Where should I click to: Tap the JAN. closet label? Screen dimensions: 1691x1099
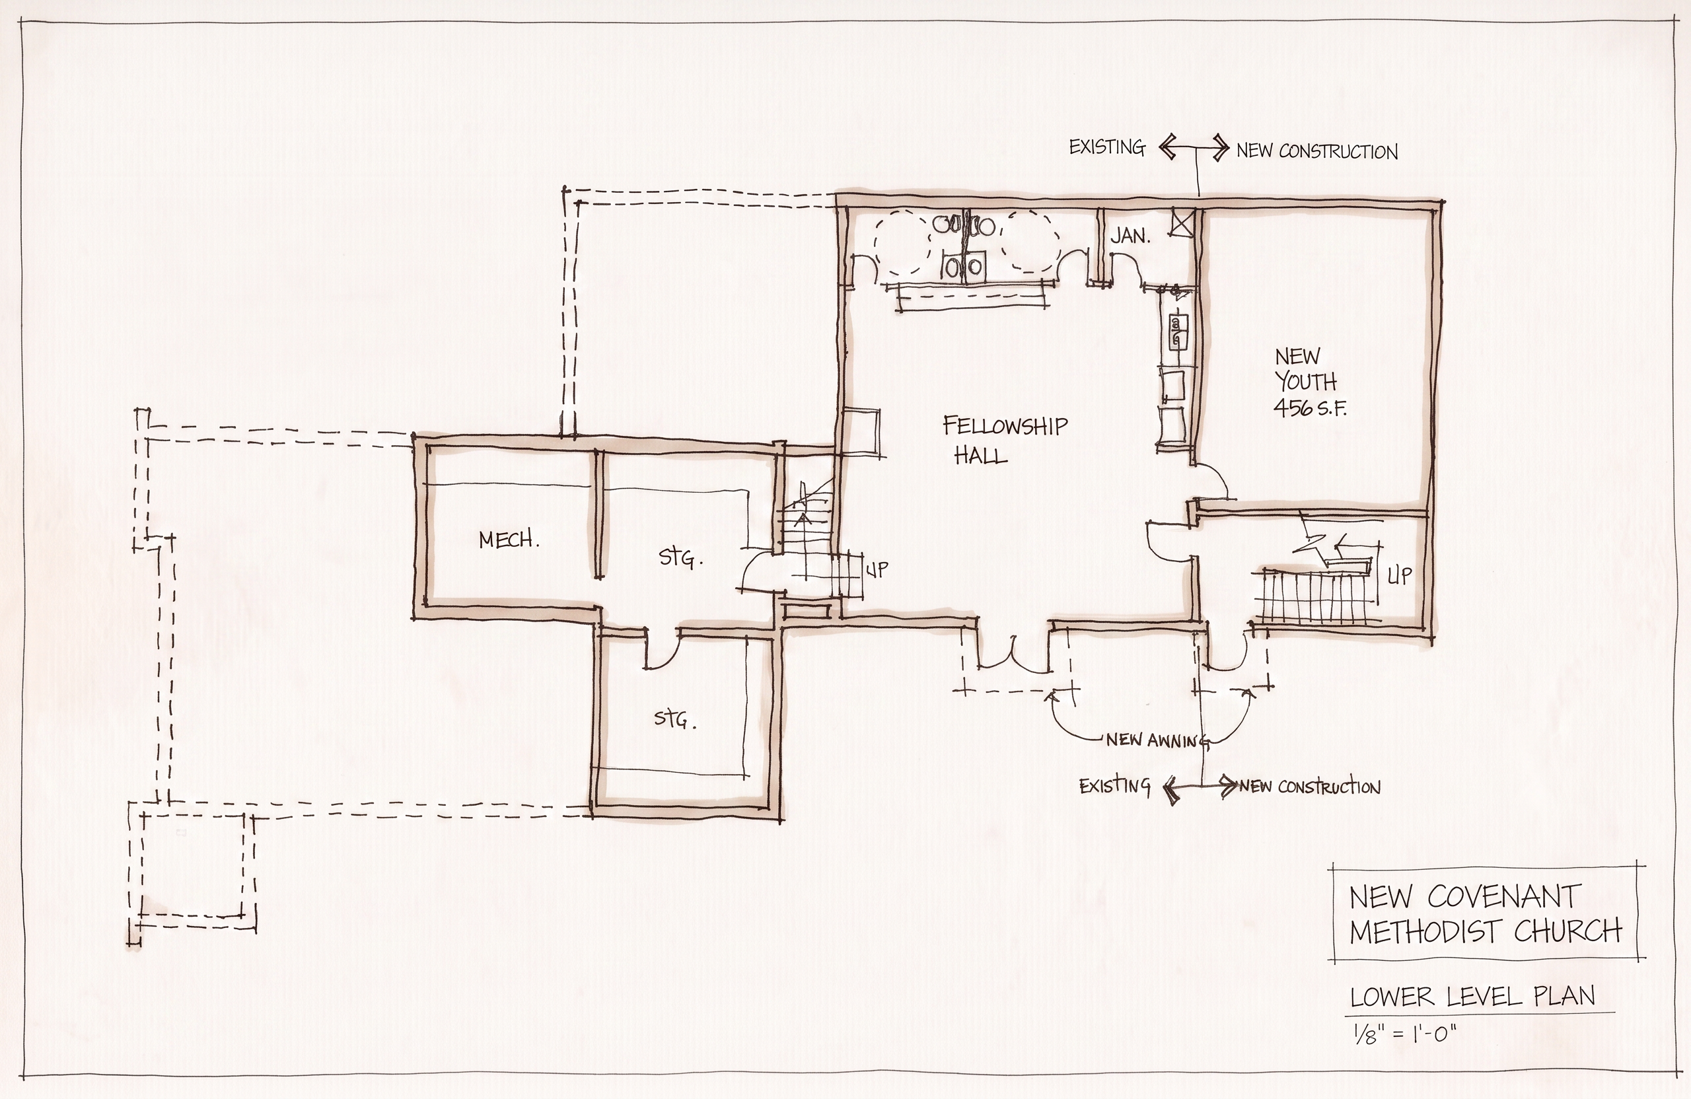tap(1130, 236)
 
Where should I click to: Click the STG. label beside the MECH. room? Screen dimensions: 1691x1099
tap(680, 557)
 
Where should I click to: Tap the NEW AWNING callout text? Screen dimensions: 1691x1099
tap(1158, 740)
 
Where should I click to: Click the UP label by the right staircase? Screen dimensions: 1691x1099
tap(1400, 575)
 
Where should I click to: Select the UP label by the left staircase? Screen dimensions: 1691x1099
tap(876, 569)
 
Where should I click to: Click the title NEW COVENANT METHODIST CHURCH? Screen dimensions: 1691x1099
tap(1486, 913)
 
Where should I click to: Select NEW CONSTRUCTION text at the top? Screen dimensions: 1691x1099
tap(1317, 151)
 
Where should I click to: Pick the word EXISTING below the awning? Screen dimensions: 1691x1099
tap(1114, 786)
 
